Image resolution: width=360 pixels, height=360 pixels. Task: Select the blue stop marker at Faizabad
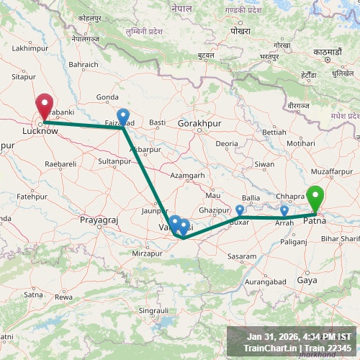[123, 116]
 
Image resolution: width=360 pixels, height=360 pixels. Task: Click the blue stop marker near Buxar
[240, 210]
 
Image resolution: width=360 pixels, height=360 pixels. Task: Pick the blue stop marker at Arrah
[284, 211]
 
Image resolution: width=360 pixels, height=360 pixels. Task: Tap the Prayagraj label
[98, 219]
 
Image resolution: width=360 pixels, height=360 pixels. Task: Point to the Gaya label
[306, 280]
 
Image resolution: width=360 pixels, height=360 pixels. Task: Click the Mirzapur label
[158, 253]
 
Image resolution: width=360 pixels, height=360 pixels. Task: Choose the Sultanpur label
[114, 161]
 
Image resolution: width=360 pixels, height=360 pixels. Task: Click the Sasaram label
[241, 256]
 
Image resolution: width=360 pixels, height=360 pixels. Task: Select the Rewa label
[64, 297]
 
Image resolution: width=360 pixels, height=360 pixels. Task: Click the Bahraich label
[84, 64]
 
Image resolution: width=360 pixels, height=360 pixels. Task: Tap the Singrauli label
[153, 310]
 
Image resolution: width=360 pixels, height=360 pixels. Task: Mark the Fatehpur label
[32, 196]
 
